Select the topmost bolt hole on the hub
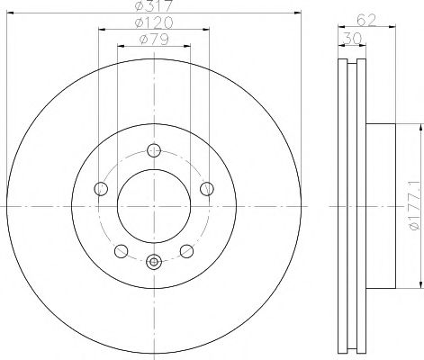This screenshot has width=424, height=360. coord(154,150)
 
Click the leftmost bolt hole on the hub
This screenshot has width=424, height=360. coord(101,189)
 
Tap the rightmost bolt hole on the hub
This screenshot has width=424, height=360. coord(207,189)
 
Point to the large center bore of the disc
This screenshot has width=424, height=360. coord(154,206)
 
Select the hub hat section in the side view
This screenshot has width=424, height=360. coord(378,206)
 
